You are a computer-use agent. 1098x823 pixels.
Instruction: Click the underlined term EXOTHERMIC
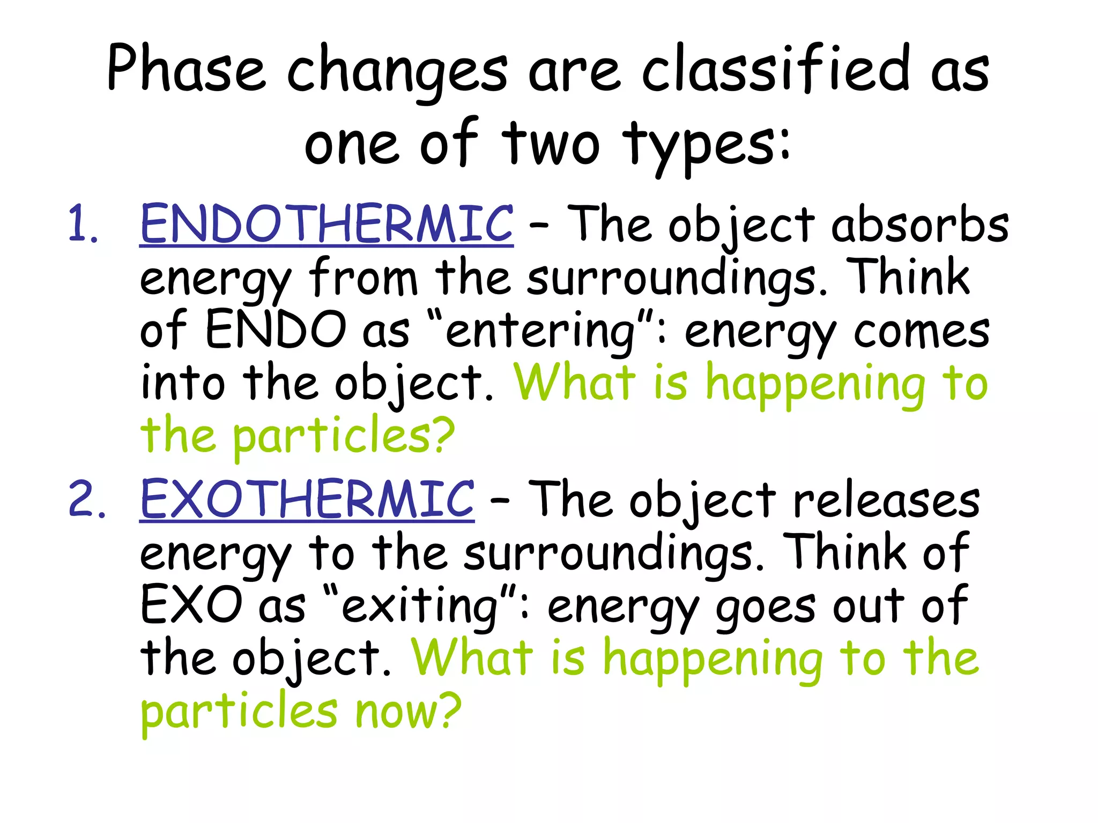307,499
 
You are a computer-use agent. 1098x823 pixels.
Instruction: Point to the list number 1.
83,224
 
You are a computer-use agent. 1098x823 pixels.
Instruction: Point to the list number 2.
86,499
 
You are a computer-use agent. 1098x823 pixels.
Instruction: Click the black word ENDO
276,330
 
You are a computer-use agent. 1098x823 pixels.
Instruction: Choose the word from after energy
363,277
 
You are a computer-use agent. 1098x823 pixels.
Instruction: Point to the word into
183,383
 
